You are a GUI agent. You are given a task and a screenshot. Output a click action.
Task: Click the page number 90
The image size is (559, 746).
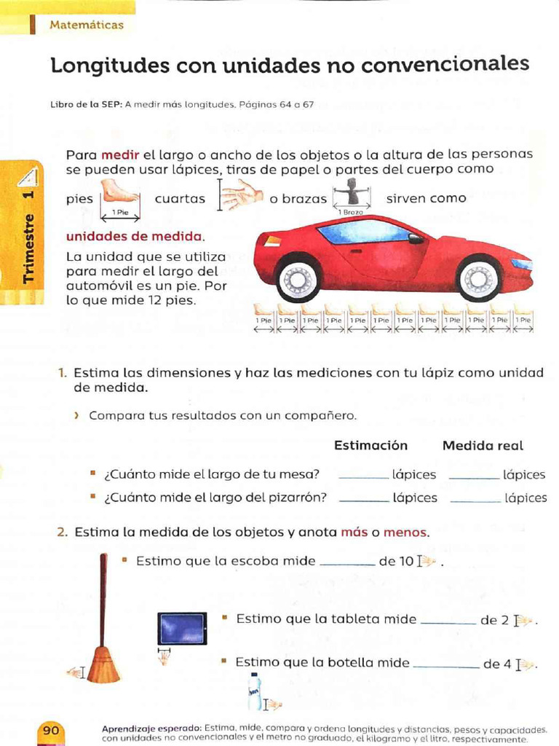pos(51,730)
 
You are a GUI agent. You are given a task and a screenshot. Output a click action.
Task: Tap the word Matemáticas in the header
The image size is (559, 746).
pos(87,25)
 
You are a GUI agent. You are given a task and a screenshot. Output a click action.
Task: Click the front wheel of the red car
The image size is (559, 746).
pos(478,278)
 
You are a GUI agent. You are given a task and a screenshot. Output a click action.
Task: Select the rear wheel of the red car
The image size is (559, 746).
pos(298,279)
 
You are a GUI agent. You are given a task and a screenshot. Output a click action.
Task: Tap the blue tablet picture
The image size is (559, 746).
pos(182,628)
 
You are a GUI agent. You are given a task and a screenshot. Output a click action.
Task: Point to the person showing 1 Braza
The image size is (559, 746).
pos(352,192)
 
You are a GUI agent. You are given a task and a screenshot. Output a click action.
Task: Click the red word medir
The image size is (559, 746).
pos(120,154)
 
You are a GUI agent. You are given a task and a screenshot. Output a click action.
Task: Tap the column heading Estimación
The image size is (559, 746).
pos(370,445)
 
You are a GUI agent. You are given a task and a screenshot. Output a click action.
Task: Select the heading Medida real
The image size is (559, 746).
pos(483,446)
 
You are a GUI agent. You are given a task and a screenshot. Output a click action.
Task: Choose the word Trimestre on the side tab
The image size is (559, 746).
pos(28,248)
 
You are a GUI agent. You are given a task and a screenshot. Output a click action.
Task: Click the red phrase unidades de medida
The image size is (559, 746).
pos(134,237)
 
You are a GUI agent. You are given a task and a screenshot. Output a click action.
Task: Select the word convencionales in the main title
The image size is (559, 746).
pos(445,64)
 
